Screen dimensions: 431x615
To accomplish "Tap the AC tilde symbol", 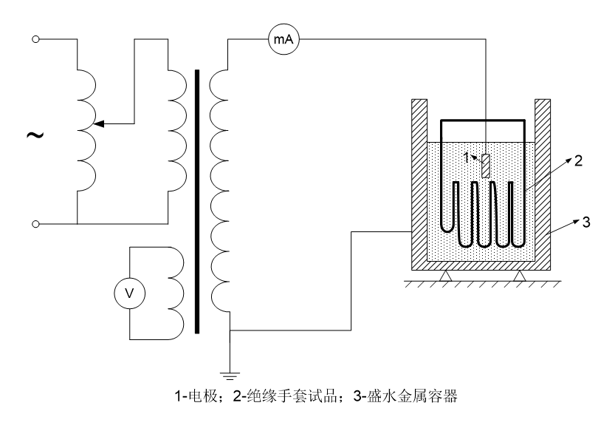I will (33, 135).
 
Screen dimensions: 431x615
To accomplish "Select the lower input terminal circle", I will (35, 223).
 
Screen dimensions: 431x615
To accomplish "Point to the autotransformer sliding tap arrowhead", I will (100, 123).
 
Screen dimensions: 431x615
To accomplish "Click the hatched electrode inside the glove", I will (485, 165).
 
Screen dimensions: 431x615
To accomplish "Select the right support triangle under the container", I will (520, 276).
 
